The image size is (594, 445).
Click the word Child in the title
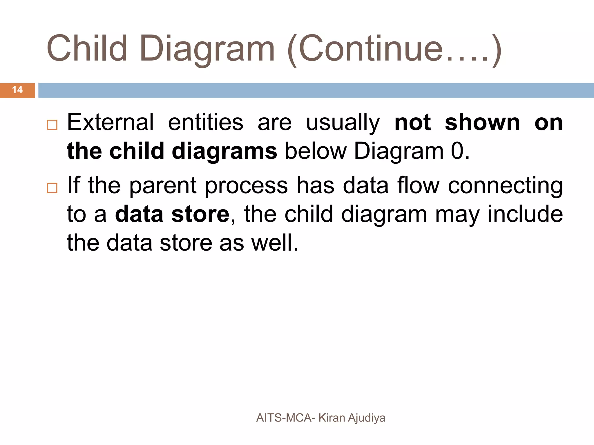tap(87, 49)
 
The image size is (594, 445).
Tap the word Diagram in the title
tap(207, 49)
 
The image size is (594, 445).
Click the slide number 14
tap(17, 90)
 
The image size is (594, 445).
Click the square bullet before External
tap(52, 125)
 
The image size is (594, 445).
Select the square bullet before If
tap(52, 188)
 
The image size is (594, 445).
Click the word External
tap(110, 122)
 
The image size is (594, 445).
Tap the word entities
tap(206, 122)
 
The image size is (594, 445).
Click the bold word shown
tap(482, 122)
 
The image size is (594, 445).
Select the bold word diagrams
tap(224, 152)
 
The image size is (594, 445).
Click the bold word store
tap(200, 214)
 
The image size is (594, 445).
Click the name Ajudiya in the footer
tap(367, 418)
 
